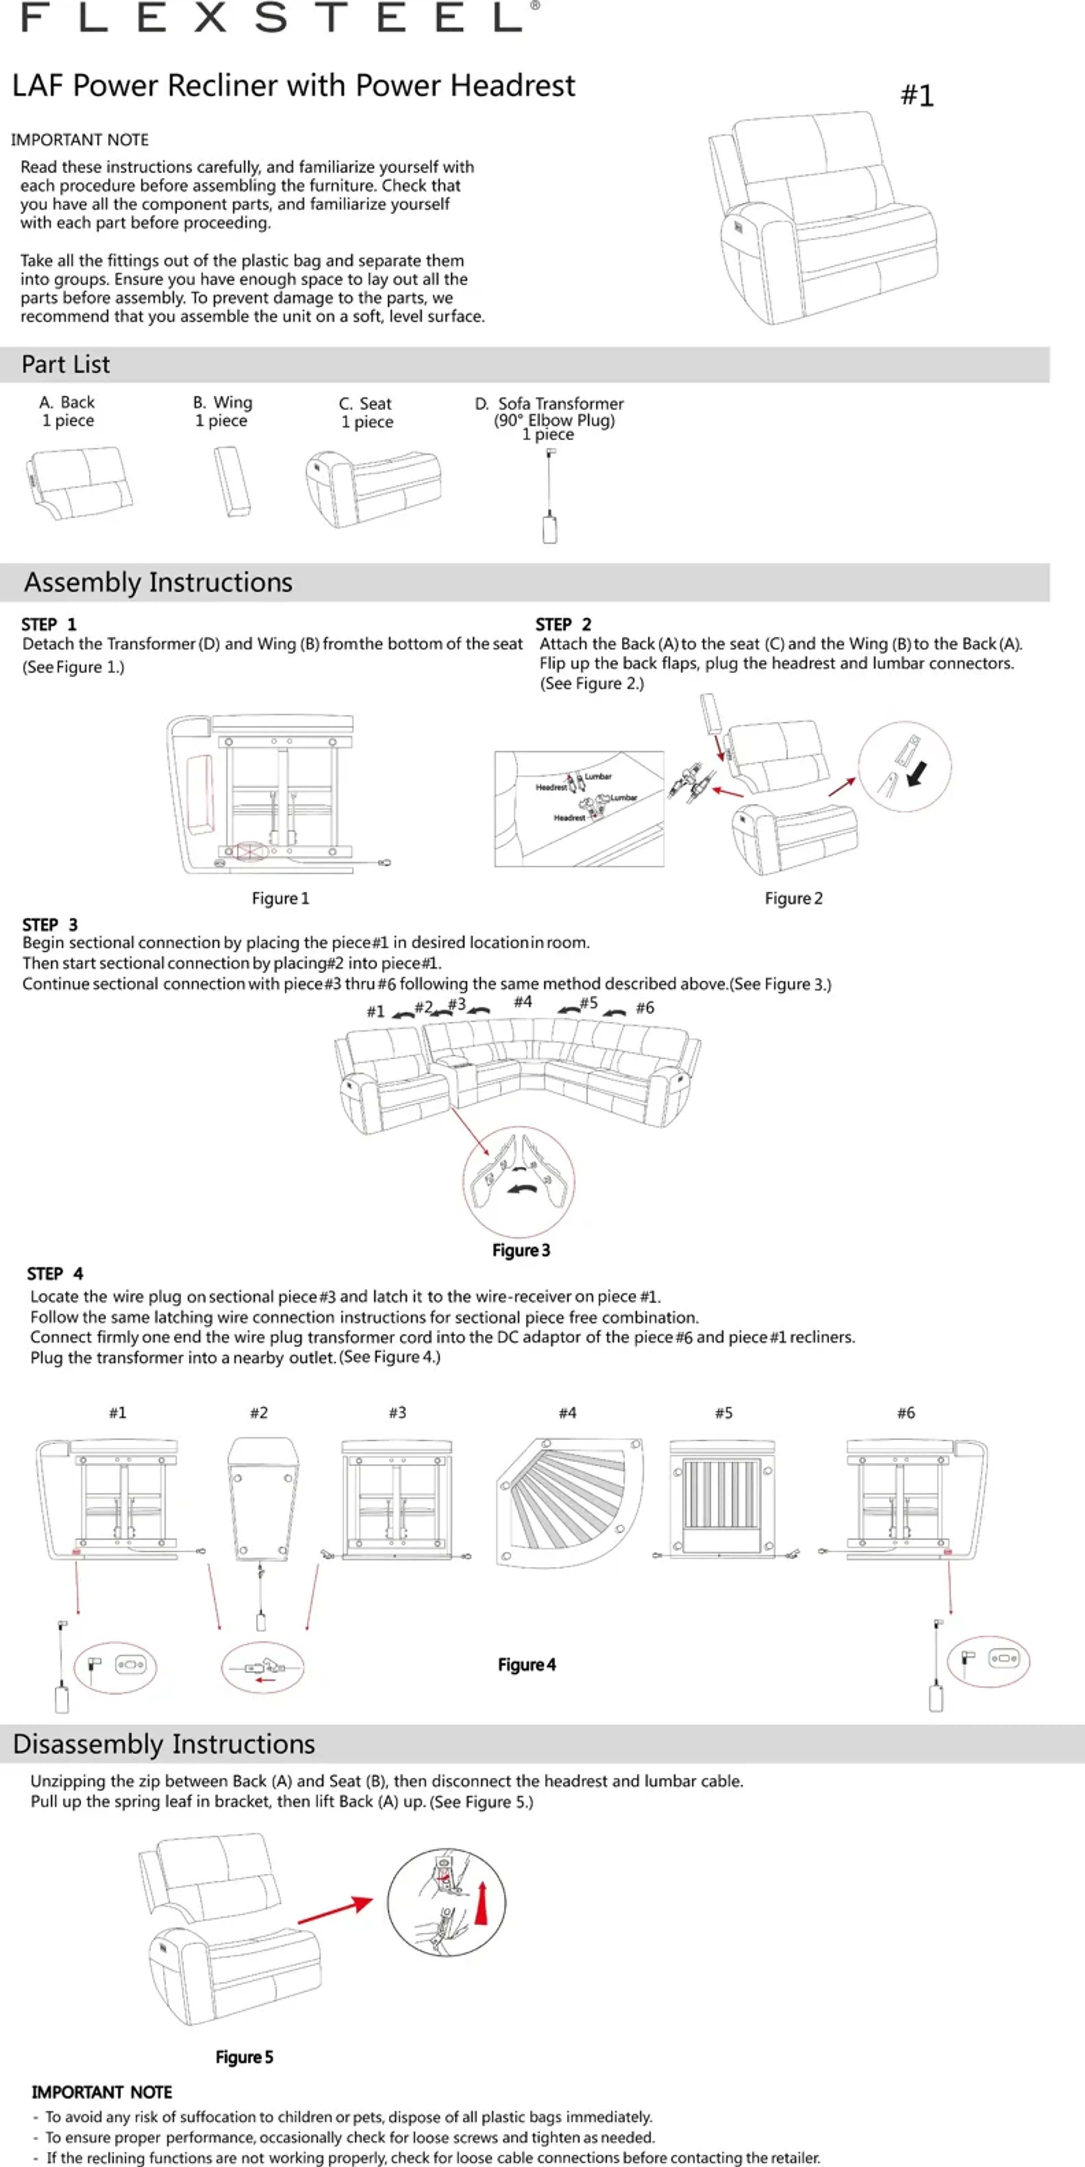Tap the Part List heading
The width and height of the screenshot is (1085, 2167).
click(66, 364)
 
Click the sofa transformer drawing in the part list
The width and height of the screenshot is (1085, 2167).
click(549, 496)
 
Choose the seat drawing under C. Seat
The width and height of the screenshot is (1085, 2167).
click(373, 488)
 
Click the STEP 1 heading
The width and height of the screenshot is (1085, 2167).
click(49, 624)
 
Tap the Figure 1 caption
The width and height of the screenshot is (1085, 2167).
click(280, 898)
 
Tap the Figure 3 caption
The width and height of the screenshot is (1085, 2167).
click(521, 1250)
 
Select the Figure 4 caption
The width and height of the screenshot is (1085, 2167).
click(526, 1665)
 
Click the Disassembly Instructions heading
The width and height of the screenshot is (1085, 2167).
click(164, 1744)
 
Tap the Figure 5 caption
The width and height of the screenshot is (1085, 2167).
click(244, 2057)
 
